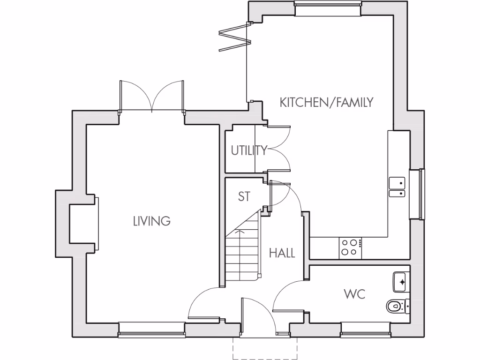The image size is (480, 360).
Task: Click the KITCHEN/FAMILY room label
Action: tap(326, 102)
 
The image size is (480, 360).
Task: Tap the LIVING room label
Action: tap(151, 221)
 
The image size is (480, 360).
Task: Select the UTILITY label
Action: tap(249, 150)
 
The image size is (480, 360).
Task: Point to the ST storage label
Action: tap(244, 196)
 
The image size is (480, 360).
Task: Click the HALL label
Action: tap(282, 254)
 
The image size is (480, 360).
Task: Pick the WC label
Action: tap(354, 294)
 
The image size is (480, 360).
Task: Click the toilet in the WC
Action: tap(397, 306)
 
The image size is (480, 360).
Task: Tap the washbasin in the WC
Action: tap(401, 281)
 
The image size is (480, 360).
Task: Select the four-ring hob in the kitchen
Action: tap(349, 247)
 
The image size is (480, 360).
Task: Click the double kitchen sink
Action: tap(397, 187)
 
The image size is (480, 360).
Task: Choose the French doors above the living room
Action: tap(151, 97)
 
